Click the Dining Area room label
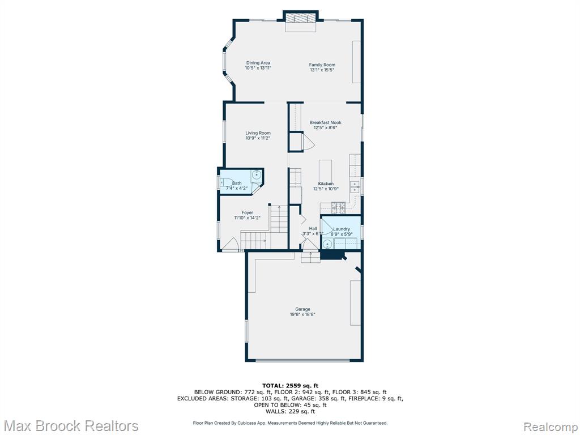tap(258, 63)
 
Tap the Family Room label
tap(322, 65)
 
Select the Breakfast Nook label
tap(326, 122)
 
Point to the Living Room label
tap(258, 133)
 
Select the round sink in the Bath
tap(257, 174)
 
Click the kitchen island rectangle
tap(326, 172)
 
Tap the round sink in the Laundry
tap(327, 245)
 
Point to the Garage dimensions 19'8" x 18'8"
tap(302, 315)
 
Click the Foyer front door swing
tap(231, 244)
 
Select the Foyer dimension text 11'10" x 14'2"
tap(247, 218)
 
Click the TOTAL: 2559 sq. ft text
tap(291, 386)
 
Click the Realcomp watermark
tap(551, 427)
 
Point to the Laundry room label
tap(342, 229)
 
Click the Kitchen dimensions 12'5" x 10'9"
tap(326, 189)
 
